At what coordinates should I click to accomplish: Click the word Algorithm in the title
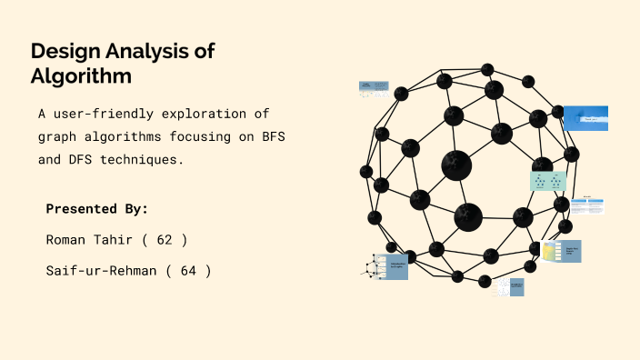click(81, 76)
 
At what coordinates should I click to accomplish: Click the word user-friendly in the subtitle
click(107, 115)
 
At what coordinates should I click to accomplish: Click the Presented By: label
click(97, 209)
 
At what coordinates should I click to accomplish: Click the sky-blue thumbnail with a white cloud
click(585, 118)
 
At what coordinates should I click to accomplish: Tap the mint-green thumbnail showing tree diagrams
click(548, 181)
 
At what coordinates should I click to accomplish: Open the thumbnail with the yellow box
click(561, 251)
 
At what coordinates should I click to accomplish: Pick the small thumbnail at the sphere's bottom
click(510, 286)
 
